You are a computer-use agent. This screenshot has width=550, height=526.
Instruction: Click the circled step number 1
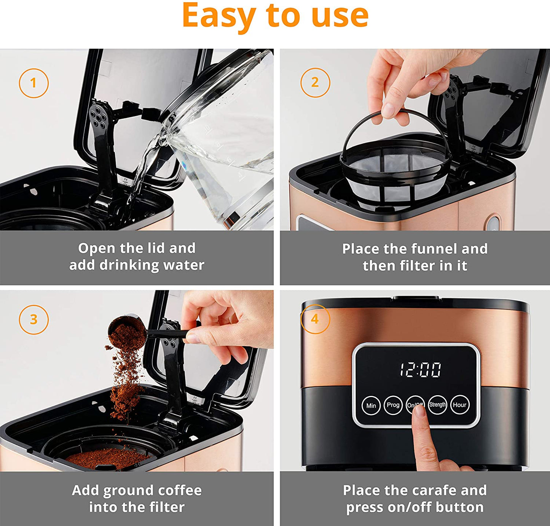[33, 83]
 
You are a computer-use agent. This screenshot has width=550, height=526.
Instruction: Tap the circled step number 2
[315, 83]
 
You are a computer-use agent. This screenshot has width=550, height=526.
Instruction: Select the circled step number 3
[33, 319]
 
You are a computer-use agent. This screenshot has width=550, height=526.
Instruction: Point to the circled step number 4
[315, 319]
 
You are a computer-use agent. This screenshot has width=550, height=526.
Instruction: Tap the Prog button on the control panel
[393, 405]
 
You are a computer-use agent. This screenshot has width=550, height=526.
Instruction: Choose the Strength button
[437, 405]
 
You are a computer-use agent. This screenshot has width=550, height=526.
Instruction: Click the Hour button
[459, 405]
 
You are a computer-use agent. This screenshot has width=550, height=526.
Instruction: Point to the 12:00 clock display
[420, 370]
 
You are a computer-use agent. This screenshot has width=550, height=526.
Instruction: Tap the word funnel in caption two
[432, 249]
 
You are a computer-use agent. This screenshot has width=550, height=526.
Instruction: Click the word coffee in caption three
[180, 490]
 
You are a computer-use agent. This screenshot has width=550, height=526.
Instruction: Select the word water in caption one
[184, 265]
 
